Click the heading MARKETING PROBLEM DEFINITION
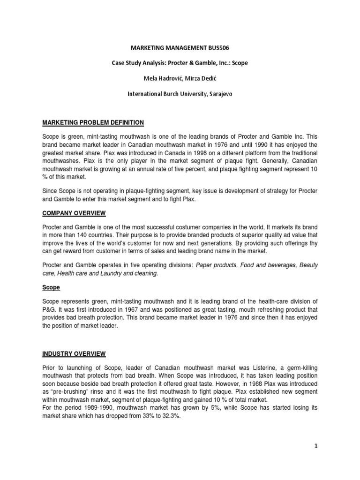tap(93, 123)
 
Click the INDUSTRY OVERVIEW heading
tap(74, 353)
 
